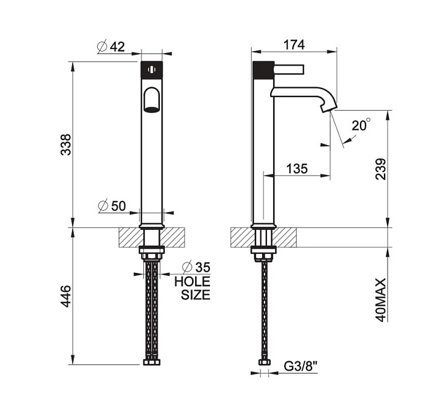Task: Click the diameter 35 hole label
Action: pyautogui.click(x=196, y=267)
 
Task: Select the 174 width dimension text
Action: pyautogui.click(x=294, y=45)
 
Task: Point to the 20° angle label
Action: pyautogui.click(x=361, y=125)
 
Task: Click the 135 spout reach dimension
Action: pyautogui.click(x=297, y=168)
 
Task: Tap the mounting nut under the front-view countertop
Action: pyautogui.click(x=151, y=252)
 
